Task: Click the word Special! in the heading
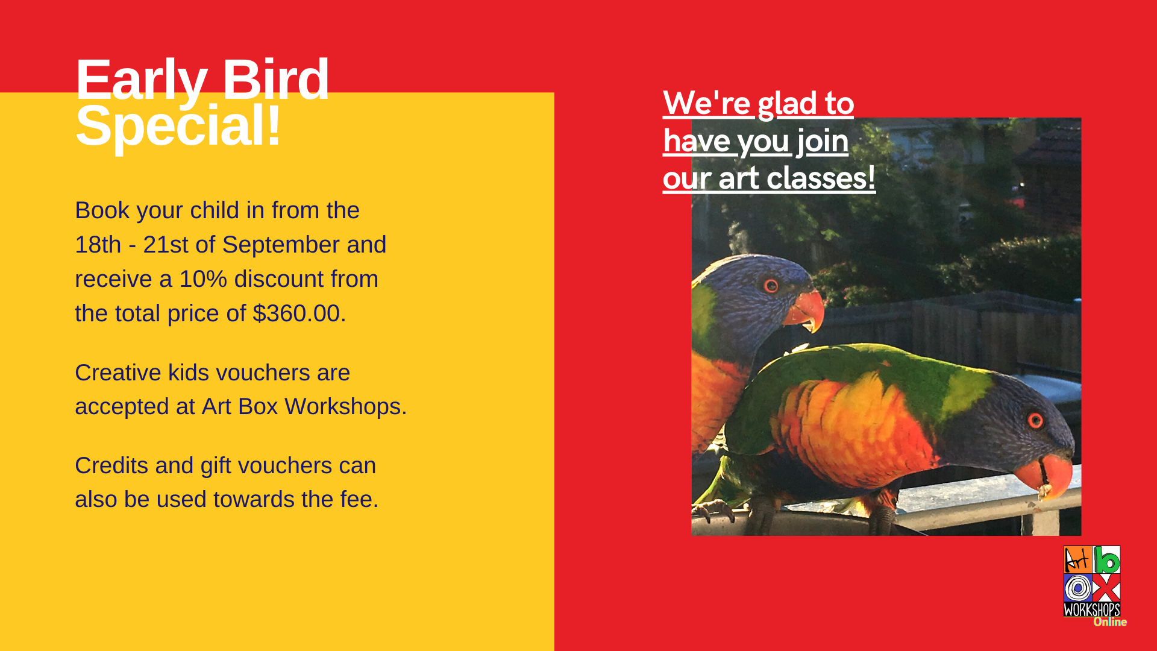click(x=178, y=126)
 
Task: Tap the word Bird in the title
click(x=276, y=79)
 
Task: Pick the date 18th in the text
click(x=98, y=245)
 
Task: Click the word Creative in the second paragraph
click(x=118, y=373)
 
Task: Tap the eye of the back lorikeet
click(x=771, y=285)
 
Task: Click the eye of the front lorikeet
click(x=1035, y=420)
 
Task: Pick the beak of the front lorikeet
click(x=1046, y=474)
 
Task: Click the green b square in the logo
click(x=1107, y=559)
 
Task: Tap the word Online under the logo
click(x=1110, y=622)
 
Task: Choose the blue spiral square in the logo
click(x=1077, y=588)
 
